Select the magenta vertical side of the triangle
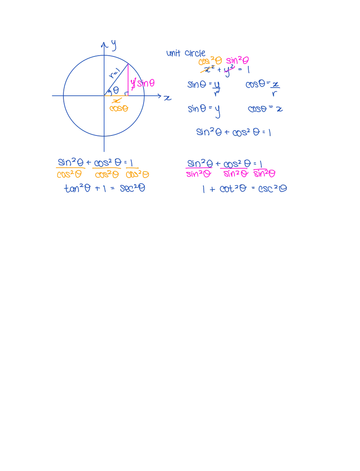128,80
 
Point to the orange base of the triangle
117,96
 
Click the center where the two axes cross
106,95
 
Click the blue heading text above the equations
180,53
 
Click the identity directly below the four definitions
234,132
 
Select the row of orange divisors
103,175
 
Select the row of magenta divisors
231,174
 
